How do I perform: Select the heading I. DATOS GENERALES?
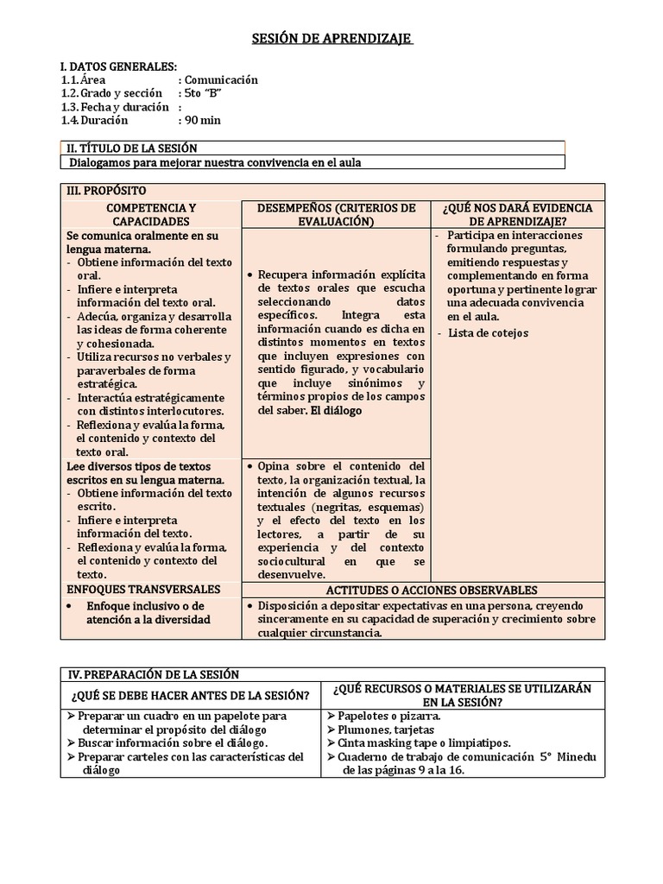[x=119, y=66]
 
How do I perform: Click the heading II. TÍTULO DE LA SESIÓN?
[x=132, y=148]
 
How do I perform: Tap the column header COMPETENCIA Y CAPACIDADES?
[x=151, y=215]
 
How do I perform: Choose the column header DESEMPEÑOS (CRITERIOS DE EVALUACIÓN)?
[x=336, y=215]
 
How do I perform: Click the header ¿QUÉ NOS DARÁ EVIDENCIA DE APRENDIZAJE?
[x=517, y=215]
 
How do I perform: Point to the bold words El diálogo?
[x=336, y=411]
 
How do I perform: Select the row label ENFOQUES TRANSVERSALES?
[x=143, y=590]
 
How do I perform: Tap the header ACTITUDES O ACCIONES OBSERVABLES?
[x=432, y=590]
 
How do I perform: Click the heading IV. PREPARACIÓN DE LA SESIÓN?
[x=153, y=674]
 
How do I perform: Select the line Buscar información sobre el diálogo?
[x=173, y=743]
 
